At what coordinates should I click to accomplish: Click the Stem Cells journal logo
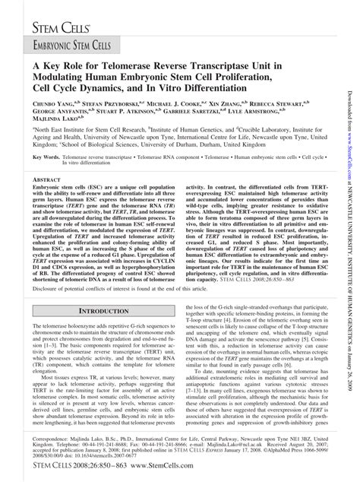point(60,30)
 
